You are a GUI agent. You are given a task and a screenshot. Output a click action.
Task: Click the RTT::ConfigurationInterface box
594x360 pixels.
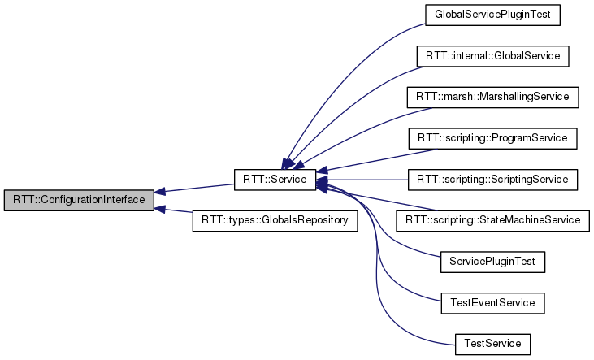coord(78,200)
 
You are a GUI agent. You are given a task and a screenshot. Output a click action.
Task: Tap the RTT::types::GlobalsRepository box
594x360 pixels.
coord(275,220)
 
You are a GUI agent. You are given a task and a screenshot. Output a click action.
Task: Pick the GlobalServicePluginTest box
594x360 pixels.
coord(492,15)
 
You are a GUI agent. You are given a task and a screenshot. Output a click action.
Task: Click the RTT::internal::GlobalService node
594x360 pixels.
coord(492,56)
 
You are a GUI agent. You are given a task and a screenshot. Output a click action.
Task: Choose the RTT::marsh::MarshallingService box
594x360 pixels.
coord(492,97)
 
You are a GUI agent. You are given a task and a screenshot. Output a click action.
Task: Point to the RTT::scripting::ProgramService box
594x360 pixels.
coord(492,138)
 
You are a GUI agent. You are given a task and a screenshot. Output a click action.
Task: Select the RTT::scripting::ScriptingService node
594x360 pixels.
coord(492,179)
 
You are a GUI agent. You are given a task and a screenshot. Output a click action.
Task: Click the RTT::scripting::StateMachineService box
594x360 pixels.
coord(492,220)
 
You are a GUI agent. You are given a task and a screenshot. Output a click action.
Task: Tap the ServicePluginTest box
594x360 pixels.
coord(492,262)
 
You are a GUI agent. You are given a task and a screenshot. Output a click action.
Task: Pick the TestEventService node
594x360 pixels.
coord(492,302)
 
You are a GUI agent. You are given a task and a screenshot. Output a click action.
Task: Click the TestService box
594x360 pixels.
coord(492,343)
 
